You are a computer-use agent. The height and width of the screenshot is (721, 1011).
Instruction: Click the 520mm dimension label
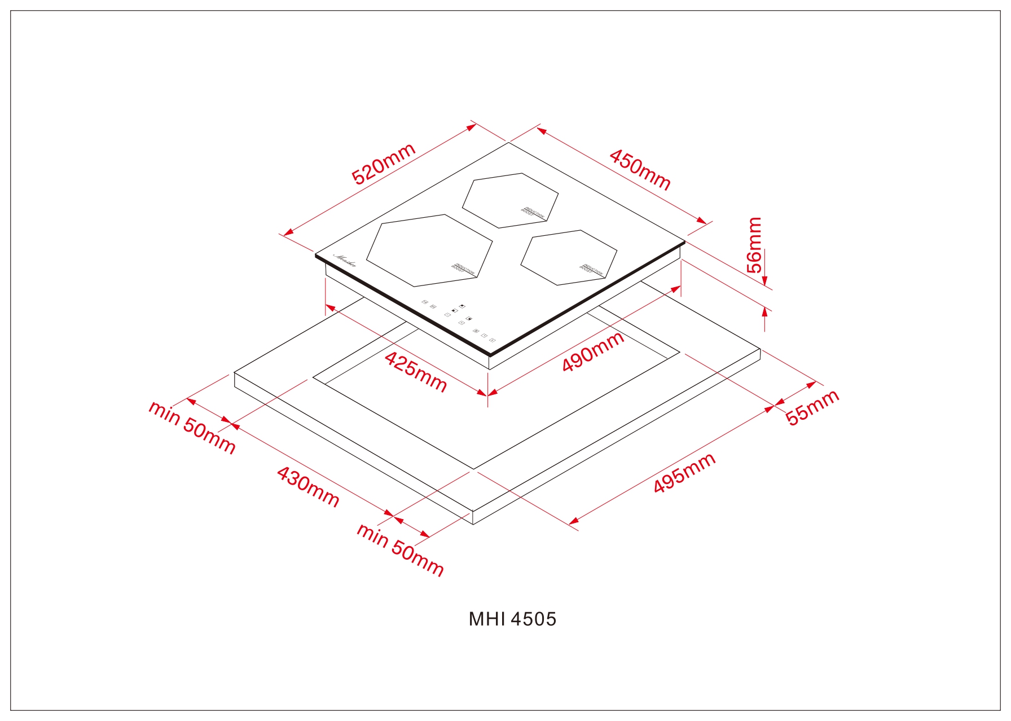click(x=383, y=164)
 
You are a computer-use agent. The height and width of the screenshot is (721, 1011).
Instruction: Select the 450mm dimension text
click(x=640, y=170)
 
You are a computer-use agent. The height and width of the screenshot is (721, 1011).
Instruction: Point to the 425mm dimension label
click(x=416, y=371)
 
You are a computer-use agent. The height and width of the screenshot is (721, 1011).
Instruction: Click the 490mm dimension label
click(x=593, y=351)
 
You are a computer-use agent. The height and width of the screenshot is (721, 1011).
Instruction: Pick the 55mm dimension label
click(x=812, y=407)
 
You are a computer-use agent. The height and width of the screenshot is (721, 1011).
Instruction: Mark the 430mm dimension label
click(x=308, y=486)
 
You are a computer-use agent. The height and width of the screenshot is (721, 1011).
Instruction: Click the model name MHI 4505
click(x=512, y=619)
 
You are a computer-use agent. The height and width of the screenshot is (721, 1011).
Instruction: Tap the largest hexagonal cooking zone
click(x=429, y=250)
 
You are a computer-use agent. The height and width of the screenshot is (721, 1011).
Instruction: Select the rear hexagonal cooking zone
click(x=510, y=200)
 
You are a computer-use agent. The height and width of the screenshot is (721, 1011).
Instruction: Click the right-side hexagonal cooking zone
click(x=568, y=257)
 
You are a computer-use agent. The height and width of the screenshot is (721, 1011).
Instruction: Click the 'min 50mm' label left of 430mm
click(x=192, y=427)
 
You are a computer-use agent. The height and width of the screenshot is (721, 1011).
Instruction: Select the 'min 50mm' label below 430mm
click(x=400, y=549)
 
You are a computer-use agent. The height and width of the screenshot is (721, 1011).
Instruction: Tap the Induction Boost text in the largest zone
click(x=464, y=269)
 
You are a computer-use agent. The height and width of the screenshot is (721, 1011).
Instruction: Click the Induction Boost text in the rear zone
click(x=532, y=212)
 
